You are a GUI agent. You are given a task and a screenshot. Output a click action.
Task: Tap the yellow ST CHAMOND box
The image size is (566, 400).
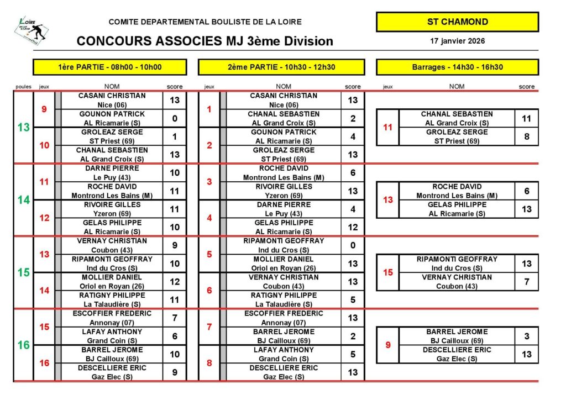[457, 22]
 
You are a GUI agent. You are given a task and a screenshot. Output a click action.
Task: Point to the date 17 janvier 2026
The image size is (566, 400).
[457, 41]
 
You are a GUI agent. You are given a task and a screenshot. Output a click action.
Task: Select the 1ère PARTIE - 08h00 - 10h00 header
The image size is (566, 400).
[110, 67]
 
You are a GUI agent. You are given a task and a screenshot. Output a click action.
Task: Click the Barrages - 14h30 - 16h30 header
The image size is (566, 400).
[457, 67]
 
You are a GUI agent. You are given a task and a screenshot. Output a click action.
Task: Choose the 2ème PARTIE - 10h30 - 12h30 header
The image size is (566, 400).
[281, 67]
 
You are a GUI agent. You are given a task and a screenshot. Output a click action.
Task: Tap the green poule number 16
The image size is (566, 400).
[23, 345]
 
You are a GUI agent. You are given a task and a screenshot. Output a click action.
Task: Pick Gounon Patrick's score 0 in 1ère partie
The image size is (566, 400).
[175, 118]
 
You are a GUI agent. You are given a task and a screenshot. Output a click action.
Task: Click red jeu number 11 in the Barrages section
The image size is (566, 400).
[387, 127]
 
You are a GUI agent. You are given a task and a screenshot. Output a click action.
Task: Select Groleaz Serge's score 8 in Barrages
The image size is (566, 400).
[527, 136]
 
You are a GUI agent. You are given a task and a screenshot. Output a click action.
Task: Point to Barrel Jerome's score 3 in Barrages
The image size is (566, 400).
[527, 336]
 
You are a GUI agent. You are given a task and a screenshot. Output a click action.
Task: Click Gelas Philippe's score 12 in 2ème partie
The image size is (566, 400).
[353, 227]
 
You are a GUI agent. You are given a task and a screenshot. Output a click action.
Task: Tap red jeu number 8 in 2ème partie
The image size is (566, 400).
[209, 363]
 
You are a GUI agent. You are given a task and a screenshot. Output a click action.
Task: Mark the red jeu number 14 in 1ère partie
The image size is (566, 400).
[45, 291]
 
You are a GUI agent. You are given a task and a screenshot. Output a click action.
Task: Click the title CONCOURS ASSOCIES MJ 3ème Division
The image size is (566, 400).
[205, 41]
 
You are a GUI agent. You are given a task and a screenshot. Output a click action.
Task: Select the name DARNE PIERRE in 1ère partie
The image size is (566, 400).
[112, 168]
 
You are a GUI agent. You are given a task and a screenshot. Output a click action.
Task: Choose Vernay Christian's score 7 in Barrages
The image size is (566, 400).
[527, 282]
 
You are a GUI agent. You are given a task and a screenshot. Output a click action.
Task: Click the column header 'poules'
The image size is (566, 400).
[23, 87]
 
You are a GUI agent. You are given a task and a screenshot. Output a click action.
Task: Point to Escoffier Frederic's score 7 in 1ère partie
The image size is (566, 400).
[175, 318]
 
